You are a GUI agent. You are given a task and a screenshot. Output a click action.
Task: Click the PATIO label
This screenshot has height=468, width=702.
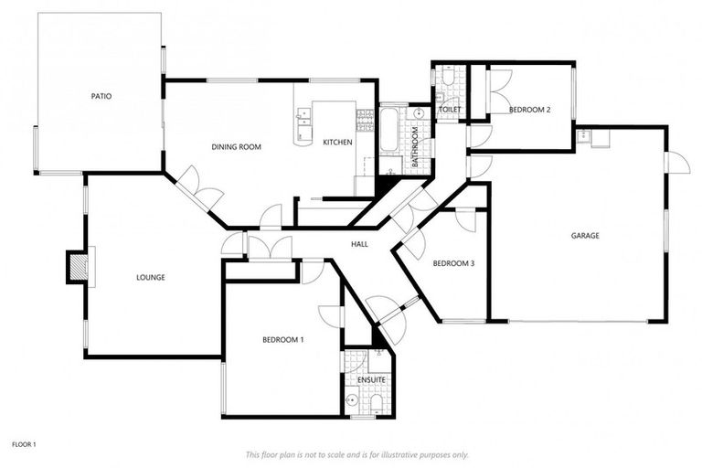click(x=101, y=95)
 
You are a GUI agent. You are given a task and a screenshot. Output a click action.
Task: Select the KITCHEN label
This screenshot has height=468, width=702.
click(x=337, y=142)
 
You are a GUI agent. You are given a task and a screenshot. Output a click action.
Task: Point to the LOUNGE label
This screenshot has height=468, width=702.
click(x=150, y=277)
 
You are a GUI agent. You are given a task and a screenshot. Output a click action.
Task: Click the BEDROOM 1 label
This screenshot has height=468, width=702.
click(x=283, y=339)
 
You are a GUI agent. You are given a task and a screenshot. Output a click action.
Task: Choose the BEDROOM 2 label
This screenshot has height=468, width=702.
click(x=529, y=110)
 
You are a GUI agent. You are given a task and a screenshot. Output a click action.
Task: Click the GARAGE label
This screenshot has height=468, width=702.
click(x=585, y=235)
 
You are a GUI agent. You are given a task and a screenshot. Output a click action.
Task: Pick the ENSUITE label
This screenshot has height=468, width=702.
click(x=371, y=378)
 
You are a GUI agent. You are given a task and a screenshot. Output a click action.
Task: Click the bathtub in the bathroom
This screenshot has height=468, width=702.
click(x=389, y=130)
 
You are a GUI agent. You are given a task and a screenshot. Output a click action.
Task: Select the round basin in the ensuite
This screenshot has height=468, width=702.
click(x=352, y=399)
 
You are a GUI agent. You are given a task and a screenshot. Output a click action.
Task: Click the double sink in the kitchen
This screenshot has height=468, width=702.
click(x=303, y=116)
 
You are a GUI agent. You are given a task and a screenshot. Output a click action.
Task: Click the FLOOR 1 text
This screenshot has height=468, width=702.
click(x=24, y=444)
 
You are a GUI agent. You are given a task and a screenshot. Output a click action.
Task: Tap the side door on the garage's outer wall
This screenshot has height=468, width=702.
click(x=677, y=162)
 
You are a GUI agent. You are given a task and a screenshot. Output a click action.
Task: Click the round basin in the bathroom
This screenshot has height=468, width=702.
click(x=419, y=113)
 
